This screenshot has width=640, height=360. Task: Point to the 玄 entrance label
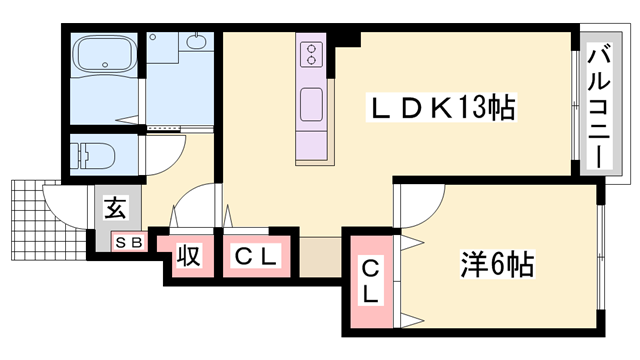[116, 210]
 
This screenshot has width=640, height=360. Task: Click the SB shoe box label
[129, 243]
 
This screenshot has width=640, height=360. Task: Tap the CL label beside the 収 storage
[256, 257]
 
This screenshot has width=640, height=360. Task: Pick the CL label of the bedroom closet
[369, 281]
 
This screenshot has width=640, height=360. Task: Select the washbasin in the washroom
[197, 43]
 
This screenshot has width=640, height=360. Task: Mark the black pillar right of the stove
[346, 38]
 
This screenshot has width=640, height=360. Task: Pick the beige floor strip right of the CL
[319, 256]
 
